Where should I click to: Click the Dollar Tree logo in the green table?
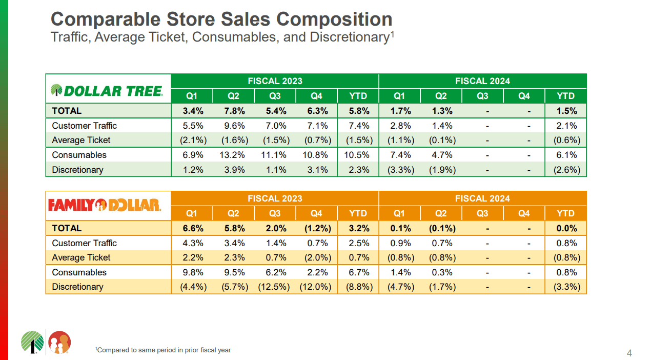pos(107,91)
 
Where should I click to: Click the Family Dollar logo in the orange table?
pos(105,206)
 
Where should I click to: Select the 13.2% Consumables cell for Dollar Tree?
pos(233,155)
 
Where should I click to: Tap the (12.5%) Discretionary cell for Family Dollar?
pos(275,287)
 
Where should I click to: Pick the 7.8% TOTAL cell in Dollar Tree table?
pos(233,111)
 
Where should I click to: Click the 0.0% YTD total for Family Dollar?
pos(566,228)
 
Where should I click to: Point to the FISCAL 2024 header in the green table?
pos(482,81)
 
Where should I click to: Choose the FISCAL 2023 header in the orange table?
pos(275,198)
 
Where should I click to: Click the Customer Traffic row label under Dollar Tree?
pos(85,126)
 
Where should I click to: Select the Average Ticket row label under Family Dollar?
pos(81,257)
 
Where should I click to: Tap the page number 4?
pos(629,353)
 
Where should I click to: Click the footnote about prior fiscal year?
pos(163,350)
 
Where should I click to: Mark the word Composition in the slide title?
pos(335,19)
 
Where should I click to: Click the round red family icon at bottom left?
pos(59,342)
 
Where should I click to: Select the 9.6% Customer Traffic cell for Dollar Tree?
pos(233,126)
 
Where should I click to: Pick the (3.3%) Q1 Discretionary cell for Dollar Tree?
pos(399,170)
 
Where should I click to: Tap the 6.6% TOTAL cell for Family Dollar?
pos(192,228)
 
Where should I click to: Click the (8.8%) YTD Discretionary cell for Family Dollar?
pos(358,287)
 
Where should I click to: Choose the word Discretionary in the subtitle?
pos(348,37)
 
